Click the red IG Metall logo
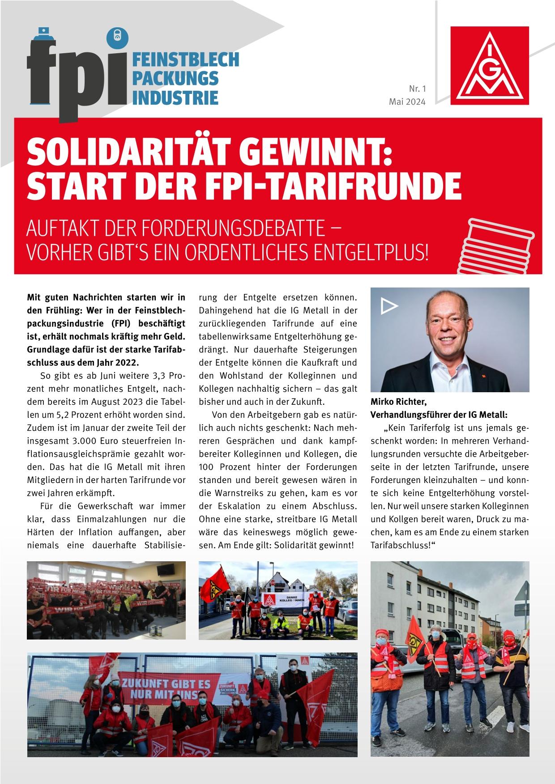pyautogui.click(x=490, y=66)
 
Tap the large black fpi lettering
pyautogui.click(x=76, y=74)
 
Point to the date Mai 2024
pyautogui.click(x=407, y=102)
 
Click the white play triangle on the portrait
pyautogui.click(x=390, y=306)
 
